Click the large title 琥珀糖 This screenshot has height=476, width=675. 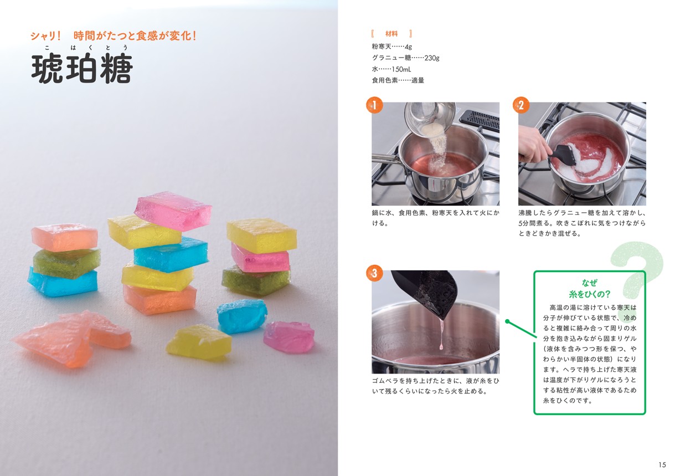(x=81, y=70)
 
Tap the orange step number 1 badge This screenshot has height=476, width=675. (x=375, y=105)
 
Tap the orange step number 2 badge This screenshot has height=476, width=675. (x=521, y=105)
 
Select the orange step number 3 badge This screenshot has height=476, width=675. (x=375, y=273)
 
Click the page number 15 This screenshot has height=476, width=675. (x=662, y=464)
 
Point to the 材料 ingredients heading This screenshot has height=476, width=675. (x=391, y=34)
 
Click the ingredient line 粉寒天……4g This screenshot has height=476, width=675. (x=393, y=47)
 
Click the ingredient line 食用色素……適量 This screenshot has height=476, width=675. (x=398, y=80)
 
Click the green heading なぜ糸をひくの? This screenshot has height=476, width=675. (x=589, y=288)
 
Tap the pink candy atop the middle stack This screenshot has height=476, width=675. (x=173, y=209)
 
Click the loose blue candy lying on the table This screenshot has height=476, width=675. (x=241, y=315)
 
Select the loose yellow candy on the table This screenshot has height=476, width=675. (x=198, y=340)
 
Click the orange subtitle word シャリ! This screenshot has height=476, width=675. (x=45, y=37)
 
